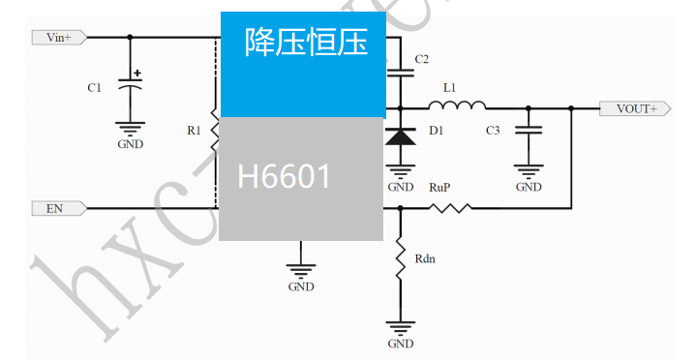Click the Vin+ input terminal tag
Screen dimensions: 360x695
click(59, 37)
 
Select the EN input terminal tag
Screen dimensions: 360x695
click(59, 207)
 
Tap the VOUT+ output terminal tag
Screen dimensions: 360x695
click(635, 108)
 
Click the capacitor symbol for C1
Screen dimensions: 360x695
click(131, 85)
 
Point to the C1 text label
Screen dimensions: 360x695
click(94, 88)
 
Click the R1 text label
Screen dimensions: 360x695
click(194, 130)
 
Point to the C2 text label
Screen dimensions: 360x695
click(421, 60)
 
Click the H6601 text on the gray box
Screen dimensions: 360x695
click(285, 176)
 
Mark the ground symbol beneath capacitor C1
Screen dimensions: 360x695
click(131, 127)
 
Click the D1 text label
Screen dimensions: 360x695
click(436, 130)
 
